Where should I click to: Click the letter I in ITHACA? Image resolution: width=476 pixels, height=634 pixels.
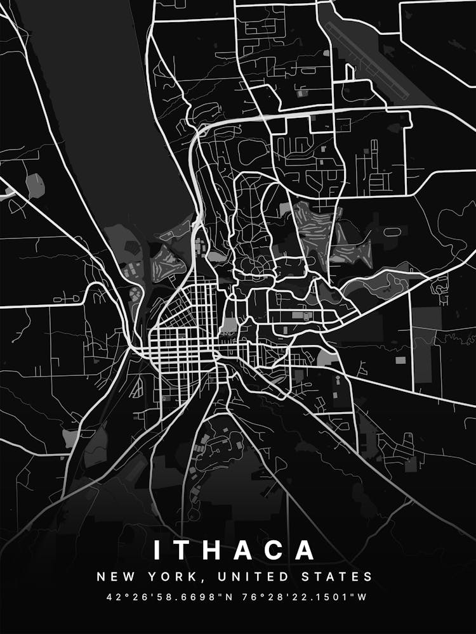pyautogui.click(x=156, y=550)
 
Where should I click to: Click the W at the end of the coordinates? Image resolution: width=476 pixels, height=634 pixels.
pyautogui.click(x=363, y=597)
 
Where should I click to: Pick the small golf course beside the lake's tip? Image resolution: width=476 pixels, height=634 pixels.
pyautogui.click(x=168, y=260)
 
